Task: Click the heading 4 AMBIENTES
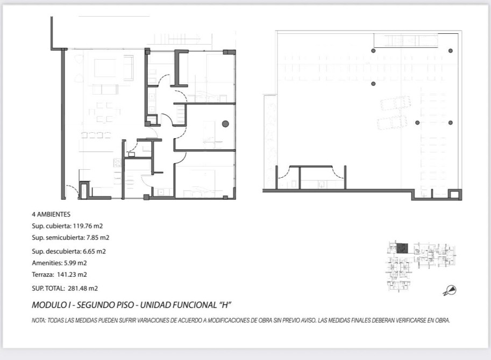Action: click(51, 214)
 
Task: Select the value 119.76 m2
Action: click(88, 226)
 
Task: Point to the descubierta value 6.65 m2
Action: click(94, 251)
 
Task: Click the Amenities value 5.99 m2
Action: click(75, 263)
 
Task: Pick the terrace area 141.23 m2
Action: click(72, 275)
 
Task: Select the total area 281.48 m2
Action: click(83, 289)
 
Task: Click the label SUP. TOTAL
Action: click(48, 289)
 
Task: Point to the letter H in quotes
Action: click(224, 305)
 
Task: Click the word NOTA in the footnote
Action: click(39, 321)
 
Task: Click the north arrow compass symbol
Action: click(450, 291)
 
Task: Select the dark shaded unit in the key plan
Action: click(402, 248)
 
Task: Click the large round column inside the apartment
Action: click(225, 124)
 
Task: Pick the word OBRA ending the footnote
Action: click(443, 321)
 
